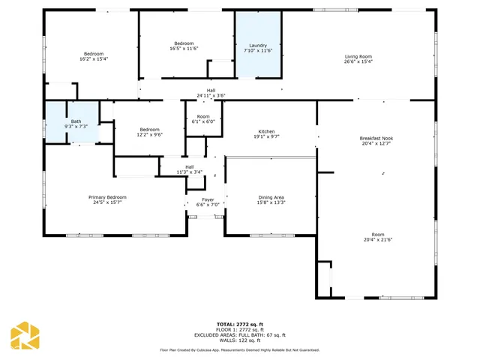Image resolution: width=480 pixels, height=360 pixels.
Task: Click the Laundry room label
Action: click(x=258, y=46)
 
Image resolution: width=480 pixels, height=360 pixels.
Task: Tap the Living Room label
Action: click(x=358, y=56)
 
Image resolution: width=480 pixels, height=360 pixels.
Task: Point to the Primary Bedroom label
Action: click(x=109, y=196)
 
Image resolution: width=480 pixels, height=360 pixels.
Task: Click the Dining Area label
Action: click(x=271, y=196)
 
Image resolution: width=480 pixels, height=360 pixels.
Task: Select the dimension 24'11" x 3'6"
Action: click(x=211, y=96)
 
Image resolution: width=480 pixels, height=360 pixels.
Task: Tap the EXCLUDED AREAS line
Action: click(x=239, y=335)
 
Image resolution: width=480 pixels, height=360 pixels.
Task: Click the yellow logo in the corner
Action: click(x=24, y=335)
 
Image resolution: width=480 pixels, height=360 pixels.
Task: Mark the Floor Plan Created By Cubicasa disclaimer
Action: click(x=239, y=349)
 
